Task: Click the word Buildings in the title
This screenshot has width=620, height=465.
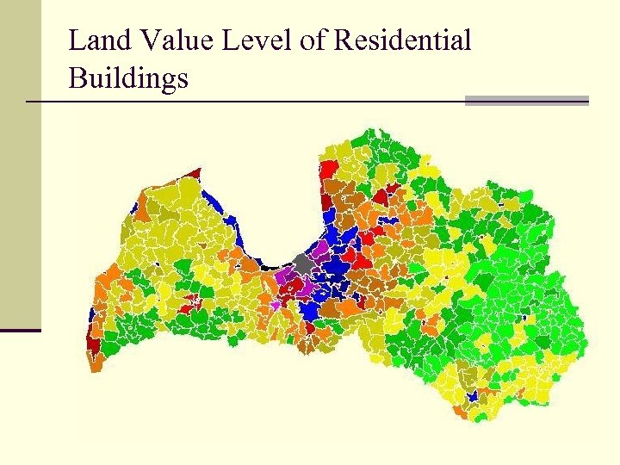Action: pyautogui.click(x=128, y=79)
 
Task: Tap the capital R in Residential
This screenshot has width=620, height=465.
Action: pyautogui.click(x=342, y=40)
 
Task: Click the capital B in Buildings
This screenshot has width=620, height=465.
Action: pyautogui.click(x=77, y=79)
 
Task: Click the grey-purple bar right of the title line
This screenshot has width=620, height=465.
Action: pyautogui.click(x=526, y=101)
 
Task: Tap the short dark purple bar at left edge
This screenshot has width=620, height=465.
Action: pyautogui.click(x=20, y=330)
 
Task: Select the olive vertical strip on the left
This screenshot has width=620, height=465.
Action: pyautogui.click(x=20, y=164)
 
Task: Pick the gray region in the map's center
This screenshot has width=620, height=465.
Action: pyautogui.click(x=302, y=262)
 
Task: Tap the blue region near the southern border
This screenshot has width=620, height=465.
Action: pyautogui.click(x=471, y=397)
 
